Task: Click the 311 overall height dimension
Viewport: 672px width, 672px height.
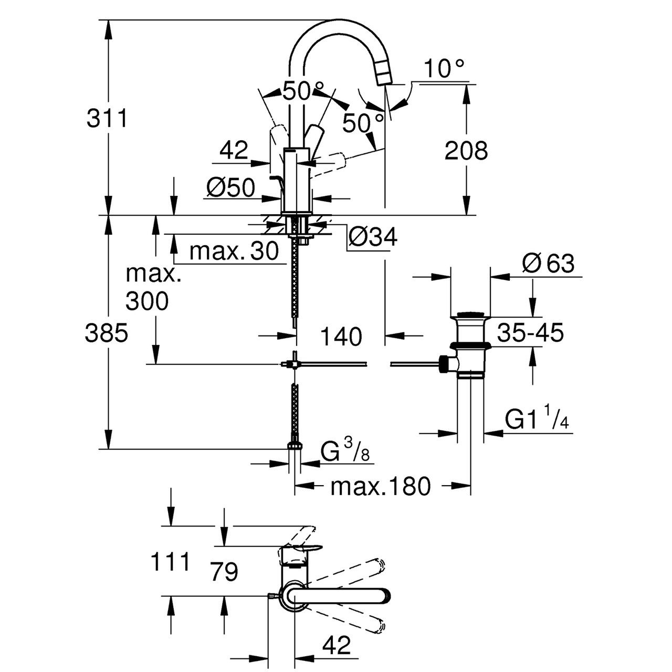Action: (x=107, y=119)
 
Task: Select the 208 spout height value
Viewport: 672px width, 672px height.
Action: (x=466, y=151)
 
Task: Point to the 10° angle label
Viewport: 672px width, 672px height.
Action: (x=444, y=68)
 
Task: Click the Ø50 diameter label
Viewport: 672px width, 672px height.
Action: (x=230, y=187)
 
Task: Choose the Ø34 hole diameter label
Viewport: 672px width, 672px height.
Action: (x=373, y=237)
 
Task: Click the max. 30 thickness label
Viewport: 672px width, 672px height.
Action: (x=234, y=251)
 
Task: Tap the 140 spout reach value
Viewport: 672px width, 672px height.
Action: (x=341, y=336)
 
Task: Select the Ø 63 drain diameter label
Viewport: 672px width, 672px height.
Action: (x=549, y=264)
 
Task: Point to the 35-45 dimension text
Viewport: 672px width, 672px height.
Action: (x=531, y=332)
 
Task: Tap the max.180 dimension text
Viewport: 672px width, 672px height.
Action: (x=380, y=487)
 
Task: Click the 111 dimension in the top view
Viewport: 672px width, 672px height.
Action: (x=170, y=563)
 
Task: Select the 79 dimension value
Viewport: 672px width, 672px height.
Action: (x=224, y=571)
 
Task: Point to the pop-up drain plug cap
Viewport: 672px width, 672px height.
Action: (x=470, y=315)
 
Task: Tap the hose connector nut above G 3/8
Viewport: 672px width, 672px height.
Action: (x=295, y=445)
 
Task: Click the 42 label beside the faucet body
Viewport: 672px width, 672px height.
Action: (x=234, y=151)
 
